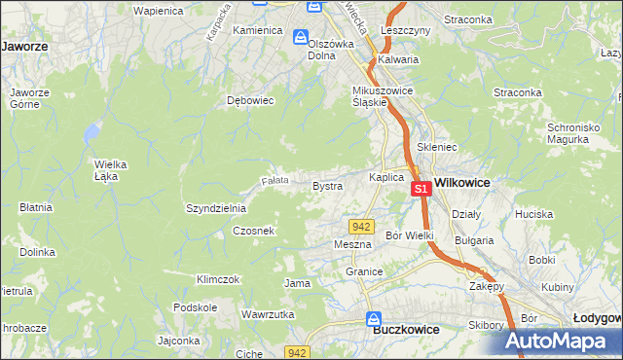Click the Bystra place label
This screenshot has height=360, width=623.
tap(326, 185)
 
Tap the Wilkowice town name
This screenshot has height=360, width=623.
tap(461, 182)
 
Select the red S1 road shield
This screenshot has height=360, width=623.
tap(421, 190)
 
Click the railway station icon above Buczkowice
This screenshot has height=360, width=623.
tap(374, 318)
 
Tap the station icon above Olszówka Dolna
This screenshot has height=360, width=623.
tap(302, 36)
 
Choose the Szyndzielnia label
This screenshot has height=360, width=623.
tap(216, 208)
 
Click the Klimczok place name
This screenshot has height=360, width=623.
tap(217, 279)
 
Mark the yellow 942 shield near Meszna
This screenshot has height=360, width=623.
tap(362, 226)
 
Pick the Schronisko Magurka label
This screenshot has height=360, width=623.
tap(578, 134)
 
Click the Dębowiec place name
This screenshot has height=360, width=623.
tap(247, 99)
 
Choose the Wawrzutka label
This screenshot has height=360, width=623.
tap(268, 315)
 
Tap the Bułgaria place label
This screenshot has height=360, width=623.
tap(474, 239)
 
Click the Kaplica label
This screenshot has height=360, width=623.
tap(385, 178)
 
